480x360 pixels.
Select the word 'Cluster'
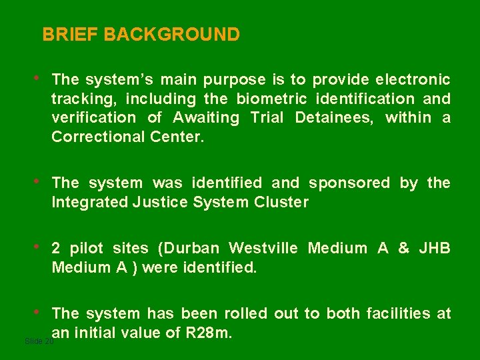pyautogui.click(x=281, y=202)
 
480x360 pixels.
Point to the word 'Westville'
pyautogui.click(x=263, y=249)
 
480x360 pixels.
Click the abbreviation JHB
pyautogui.click(x=435, y=249)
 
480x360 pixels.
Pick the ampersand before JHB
pyautogui.click(x=403, y=249)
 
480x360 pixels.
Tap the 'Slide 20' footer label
pyautogui.click(x=39, y=341)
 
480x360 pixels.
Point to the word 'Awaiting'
pyautogui.click(x=206, y=119)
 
